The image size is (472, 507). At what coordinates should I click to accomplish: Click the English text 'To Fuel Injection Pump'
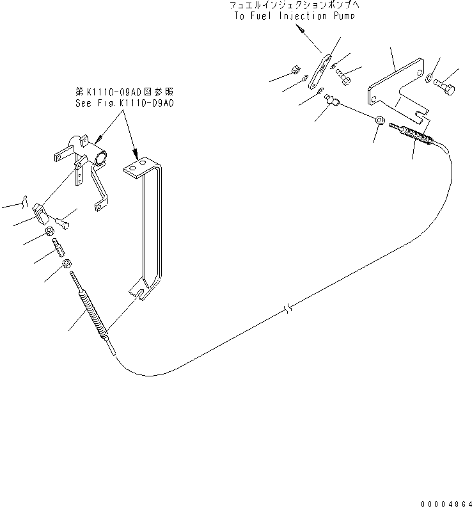click(294, 15)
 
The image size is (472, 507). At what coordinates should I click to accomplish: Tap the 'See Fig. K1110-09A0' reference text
click(125, 103)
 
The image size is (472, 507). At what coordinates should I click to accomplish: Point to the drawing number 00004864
click(446, 504)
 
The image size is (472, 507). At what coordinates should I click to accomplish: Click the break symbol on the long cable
click(288, 309)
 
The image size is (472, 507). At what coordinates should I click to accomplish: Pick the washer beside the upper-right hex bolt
click(429, 77)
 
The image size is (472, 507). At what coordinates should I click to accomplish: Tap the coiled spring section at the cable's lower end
click(94, 314)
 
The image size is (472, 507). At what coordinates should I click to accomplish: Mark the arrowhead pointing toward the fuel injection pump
click(301, 30)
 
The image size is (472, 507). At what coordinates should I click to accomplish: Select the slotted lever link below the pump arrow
click(320, 72)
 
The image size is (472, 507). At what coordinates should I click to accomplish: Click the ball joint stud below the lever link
click(331, 100)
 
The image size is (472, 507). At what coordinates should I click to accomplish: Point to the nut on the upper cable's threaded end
click(381, 120)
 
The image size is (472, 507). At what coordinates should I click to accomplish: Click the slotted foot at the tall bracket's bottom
click(141, 292)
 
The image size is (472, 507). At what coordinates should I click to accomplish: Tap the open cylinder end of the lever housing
click(100, 159)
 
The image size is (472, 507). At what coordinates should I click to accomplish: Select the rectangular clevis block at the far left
click(40, 213)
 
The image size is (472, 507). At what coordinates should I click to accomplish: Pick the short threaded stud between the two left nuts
click(58, 247)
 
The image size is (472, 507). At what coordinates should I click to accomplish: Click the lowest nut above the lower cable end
click(67, 264)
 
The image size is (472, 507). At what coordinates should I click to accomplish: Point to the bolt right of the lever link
click(343, 77)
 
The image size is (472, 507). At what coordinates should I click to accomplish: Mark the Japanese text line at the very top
click(294, 5)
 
